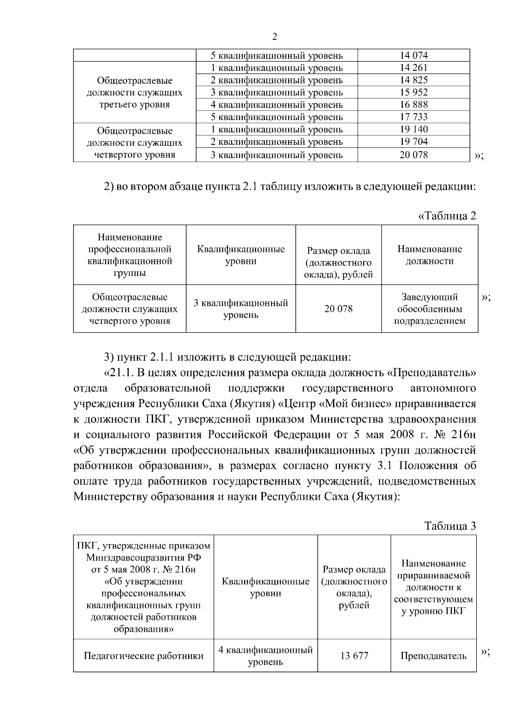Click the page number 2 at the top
point(274,37)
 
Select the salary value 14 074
point(413,56)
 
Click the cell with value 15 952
point(413,92)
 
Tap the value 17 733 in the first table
point(413,117)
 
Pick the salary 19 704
point(413,142)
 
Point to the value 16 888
point(413,105)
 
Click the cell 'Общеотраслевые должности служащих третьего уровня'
point(134,93)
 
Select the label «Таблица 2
point(447,216)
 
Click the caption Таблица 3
point(450,526)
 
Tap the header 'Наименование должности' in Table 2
point(430,255)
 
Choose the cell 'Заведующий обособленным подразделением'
point(430,309)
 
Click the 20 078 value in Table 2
point(338,309)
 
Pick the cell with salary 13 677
point(354,656)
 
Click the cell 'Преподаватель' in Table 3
point(433,656)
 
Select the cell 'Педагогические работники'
point(143,656)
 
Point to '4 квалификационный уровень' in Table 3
point(265,656)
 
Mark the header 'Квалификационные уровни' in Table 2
point(241,255)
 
